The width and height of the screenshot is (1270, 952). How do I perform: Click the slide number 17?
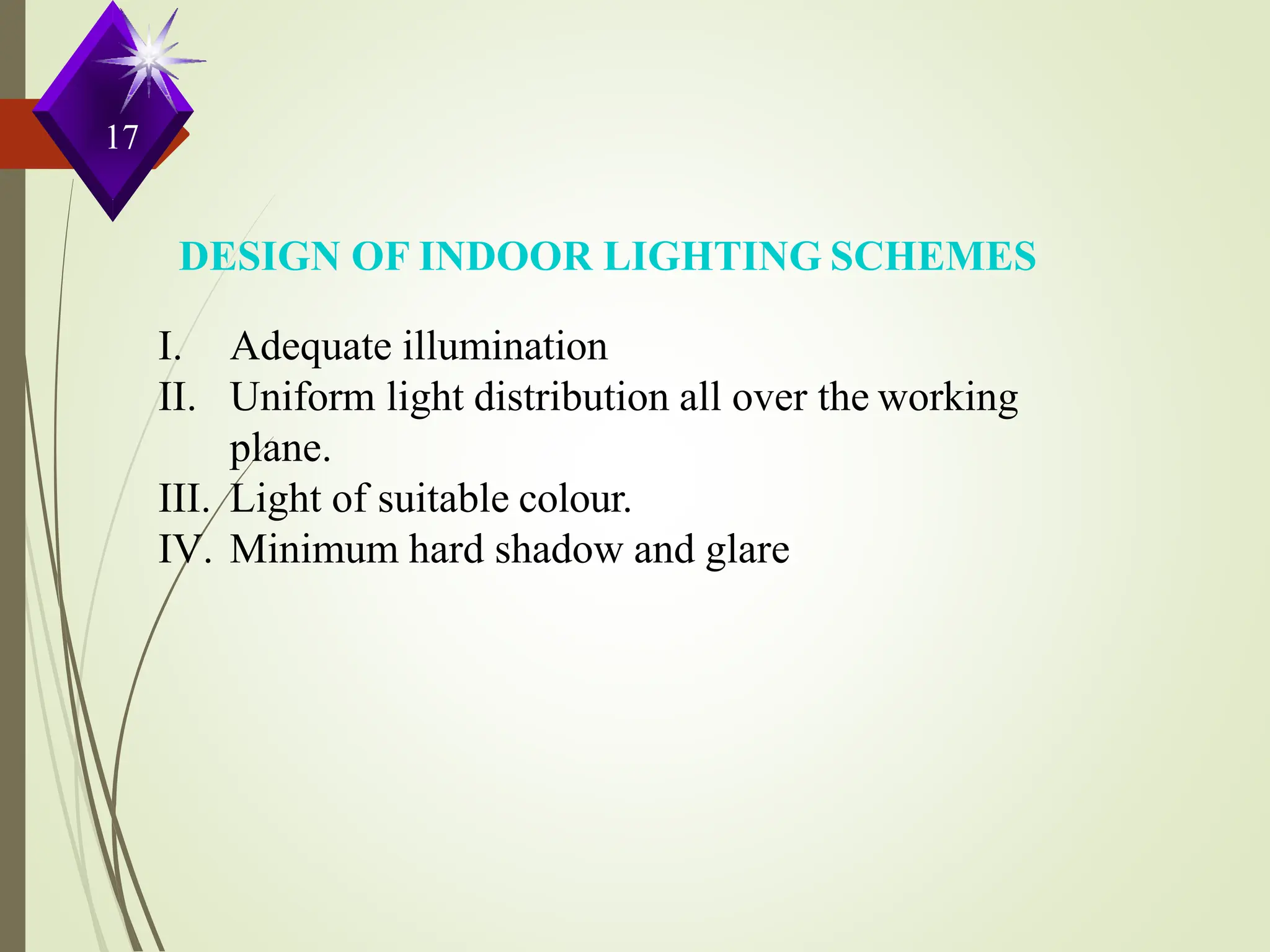pos(122,138)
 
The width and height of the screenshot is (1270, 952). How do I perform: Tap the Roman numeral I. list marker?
pos(169,346)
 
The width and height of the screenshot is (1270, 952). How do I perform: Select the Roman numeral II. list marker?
pos(177,397)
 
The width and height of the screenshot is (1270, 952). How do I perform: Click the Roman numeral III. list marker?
pos(184,499)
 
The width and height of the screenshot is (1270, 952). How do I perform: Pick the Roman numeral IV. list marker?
pos(184,550)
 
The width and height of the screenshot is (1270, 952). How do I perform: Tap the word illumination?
pos(505,346)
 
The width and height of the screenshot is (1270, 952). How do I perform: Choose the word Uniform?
pos(303,397)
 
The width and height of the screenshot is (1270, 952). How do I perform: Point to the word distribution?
pos(571,397)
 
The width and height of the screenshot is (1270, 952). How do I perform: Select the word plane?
pos(280,449)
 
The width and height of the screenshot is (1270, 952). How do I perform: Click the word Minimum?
pos(314,550)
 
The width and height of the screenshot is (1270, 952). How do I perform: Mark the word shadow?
pos(559,550)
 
